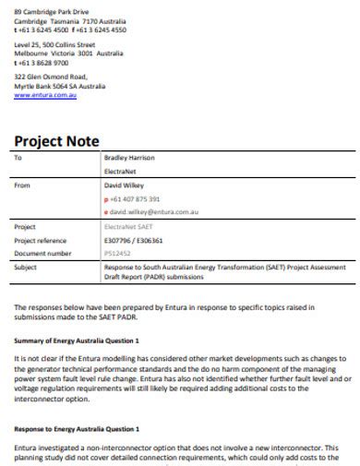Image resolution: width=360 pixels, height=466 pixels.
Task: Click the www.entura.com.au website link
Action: [45, 95]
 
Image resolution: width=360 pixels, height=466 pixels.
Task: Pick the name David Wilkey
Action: [125, 185]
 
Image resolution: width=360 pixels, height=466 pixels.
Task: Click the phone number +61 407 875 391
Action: [136, 198]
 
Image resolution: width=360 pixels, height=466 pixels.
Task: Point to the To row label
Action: [18, 158]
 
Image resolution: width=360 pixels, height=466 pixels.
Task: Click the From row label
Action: [22, 185]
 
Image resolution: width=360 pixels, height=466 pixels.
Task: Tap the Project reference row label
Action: [41, 239]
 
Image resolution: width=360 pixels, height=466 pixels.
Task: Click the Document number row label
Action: [42, 252]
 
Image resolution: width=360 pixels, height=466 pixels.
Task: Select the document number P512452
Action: [118, 252]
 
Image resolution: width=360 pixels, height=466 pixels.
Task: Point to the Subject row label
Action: [26, 266]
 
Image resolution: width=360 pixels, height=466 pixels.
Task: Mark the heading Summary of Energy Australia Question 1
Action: [77, 341]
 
